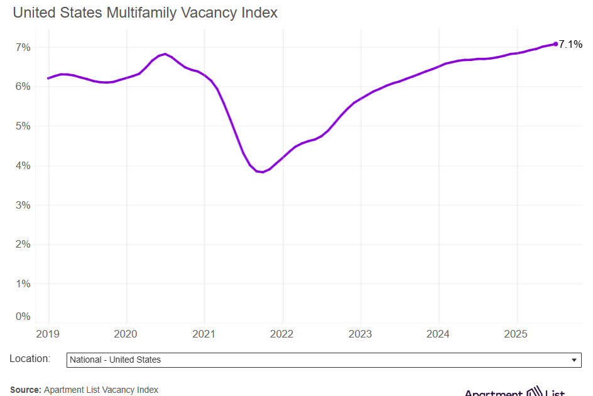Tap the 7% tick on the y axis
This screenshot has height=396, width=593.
(x=23, y=47)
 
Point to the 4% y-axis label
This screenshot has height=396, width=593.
(x=23, y=166)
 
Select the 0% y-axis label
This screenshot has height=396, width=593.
(x=23, y=316)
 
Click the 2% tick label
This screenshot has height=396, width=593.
(x=23, y=245)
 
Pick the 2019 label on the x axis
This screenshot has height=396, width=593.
(x=48, y=333)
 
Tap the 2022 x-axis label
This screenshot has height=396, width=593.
(x=282, y=333)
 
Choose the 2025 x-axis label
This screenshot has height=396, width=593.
(x=516, y=333)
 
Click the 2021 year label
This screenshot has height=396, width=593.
(x=204, y=333)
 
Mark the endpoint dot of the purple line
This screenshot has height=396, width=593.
(x=555, y=44)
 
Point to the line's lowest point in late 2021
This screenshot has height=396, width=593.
(x=262, y=172)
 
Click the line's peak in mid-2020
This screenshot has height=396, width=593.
(x=165, y=54)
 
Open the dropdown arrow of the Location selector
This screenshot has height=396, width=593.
(x=574, y=360)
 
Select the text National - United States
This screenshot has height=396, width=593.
(x=116, y=360)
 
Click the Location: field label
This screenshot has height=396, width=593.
(x=30, y=358)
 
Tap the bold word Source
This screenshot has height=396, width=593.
(x=25, y=390)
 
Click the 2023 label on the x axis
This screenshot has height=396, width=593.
(x=360, y=333)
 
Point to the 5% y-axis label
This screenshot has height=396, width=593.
(x=23, y=126)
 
